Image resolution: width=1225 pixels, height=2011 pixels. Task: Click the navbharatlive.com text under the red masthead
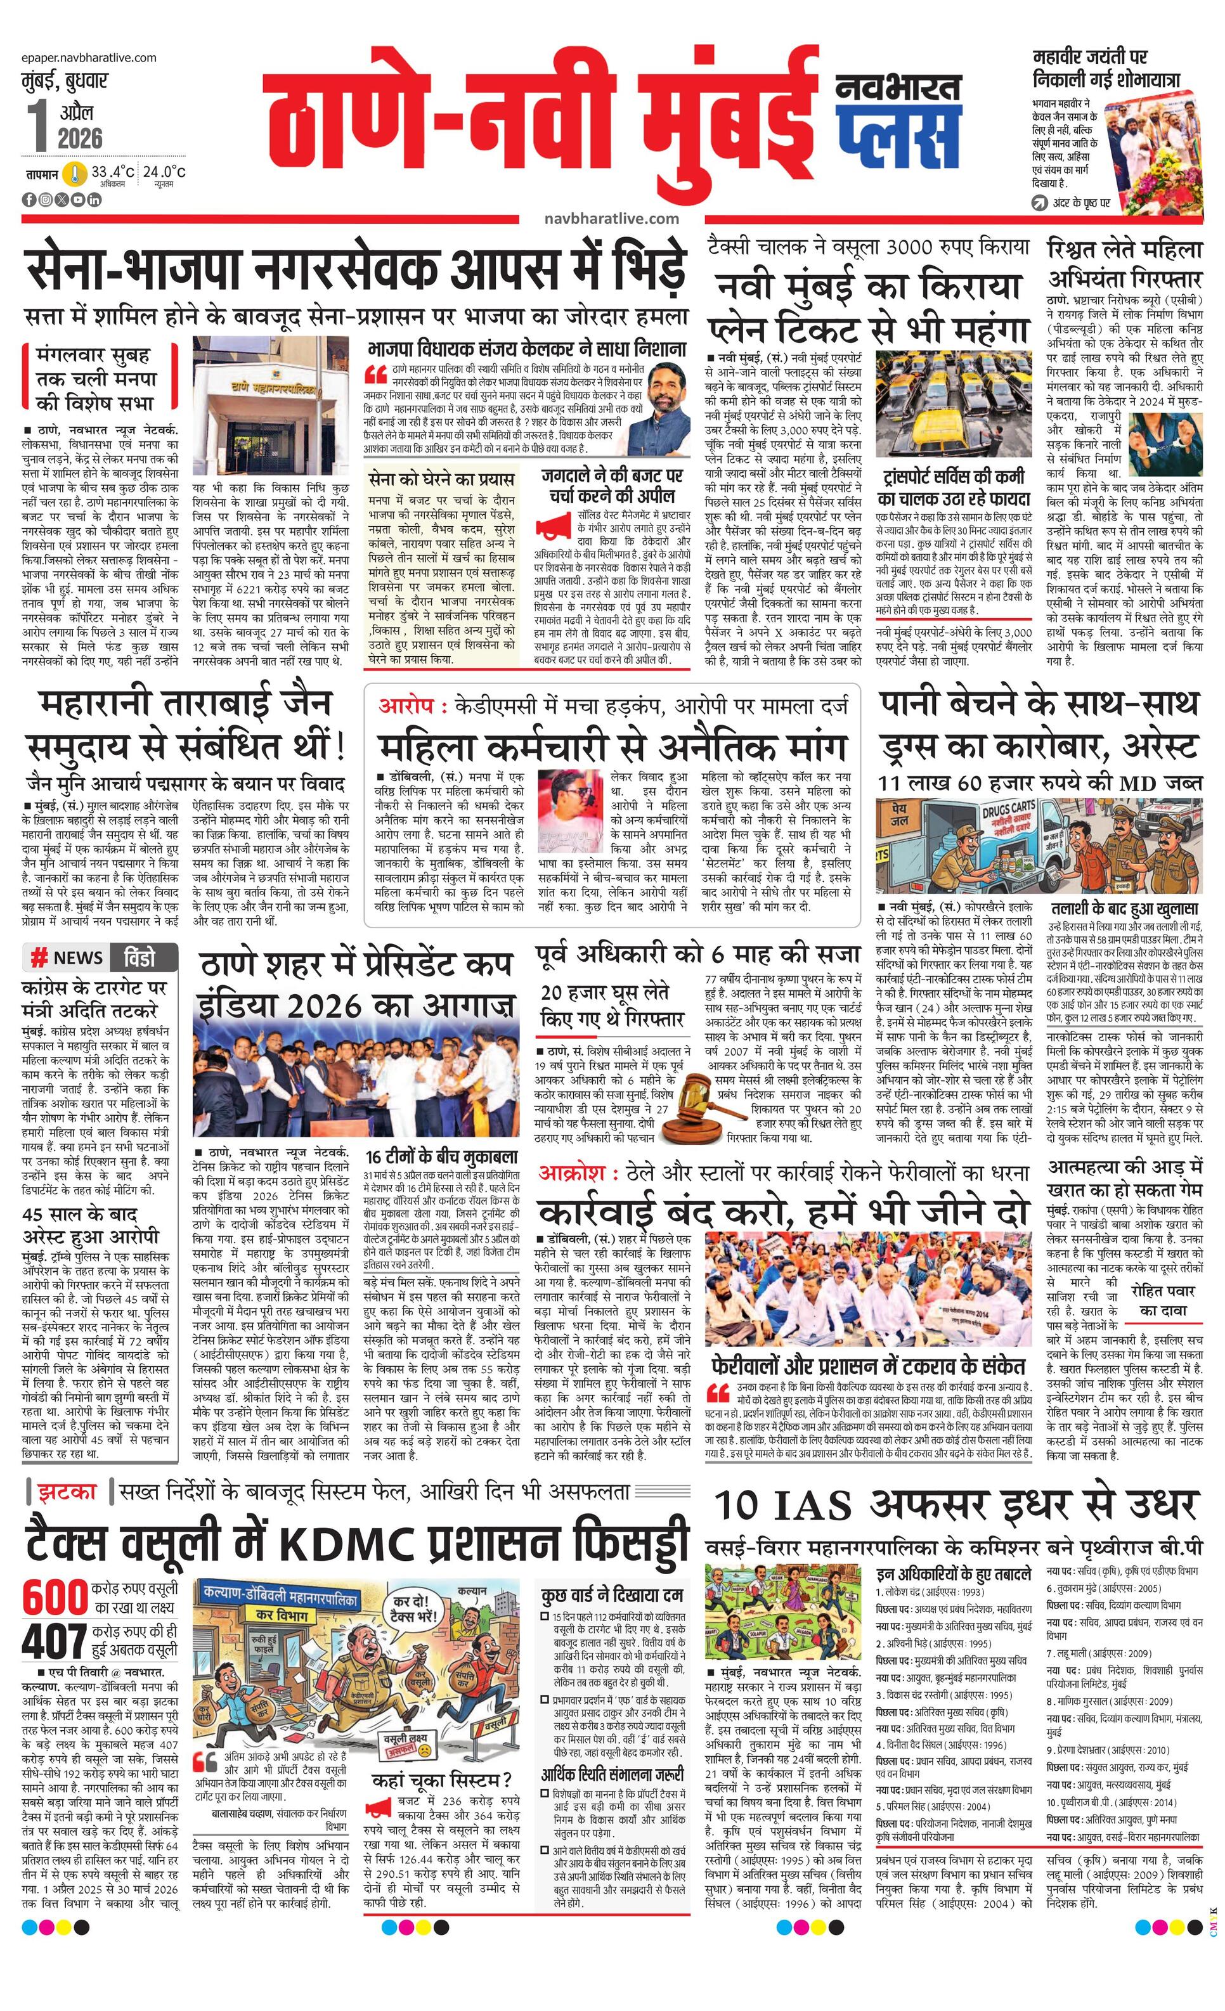(x=611, y=219)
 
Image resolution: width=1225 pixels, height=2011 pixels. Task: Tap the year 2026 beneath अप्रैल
(x=80, y=138)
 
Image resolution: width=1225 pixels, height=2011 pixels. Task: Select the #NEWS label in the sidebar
(x=67, y=957)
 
